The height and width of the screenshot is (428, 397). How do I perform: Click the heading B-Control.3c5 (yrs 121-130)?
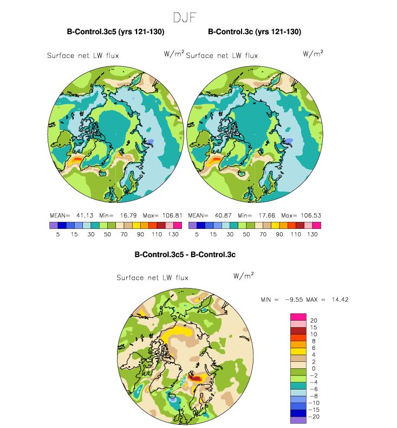click(x=115, y=33)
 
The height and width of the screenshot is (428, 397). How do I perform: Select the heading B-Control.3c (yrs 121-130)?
click(x=255, y=33)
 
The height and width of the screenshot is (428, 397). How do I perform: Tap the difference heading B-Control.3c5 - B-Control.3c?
click(x=185, y=254)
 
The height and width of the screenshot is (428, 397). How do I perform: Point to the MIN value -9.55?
click(x=290, y=299)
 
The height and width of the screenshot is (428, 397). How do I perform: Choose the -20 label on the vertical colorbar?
click(x=315, y=417)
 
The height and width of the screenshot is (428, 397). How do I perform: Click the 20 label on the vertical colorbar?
click(x=314, y=320)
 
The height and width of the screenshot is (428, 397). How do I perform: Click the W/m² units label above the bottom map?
click(x=243, y=276)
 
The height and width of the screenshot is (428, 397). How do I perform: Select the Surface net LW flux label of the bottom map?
click(x=153, y=278)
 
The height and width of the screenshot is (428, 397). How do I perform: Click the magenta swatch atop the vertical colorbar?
click(x=298, y=317)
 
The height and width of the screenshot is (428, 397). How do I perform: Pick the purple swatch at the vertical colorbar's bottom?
click(x=298, y=419)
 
